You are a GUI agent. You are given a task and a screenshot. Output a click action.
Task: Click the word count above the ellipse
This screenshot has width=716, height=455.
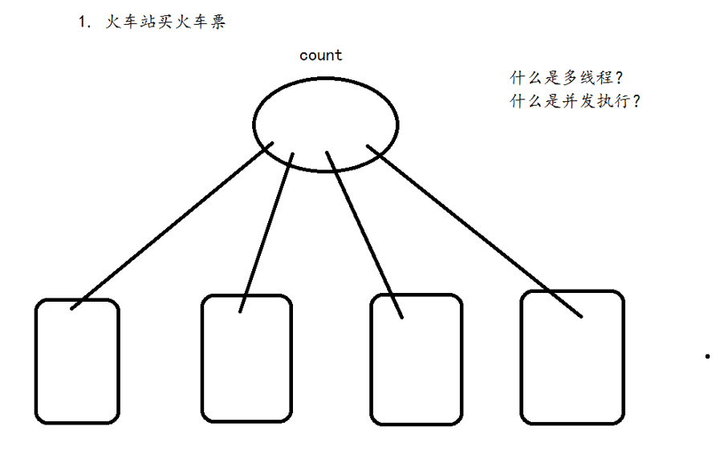click(320, 55)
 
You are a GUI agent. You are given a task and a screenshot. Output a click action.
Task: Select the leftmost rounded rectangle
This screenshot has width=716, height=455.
click(77, 361)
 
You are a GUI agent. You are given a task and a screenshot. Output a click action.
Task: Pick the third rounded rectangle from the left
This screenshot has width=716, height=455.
click(417, 360)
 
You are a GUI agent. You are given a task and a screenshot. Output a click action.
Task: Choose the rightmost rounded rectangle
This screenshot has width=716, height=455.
click(572, 357)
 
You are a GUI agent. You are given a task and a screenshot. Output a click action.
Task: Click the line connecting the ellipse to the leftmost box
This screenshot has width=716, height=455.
click(173, 226)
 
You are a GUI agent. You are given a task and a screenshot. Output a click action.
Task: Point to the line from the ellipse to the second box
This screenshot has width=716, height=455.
click(267, 231)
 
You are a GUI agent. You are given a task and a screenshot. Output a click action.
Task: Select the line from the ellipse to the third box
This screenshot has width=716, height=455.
click(364, 234)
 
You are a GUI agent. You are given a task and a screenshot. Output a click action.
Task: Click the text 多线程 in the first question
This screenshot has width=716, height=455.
click(588, 79)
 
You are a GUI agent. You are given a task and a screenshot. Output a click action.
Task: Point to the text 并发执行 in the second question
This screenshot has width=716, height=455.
click(597, 102)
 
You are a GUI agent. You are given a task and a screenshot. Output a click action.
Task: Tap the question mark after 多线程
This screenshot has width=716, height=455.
click(620, 79)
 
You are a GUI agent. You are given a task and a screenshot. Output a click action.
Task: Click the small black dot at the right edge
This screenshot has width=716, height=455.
click(707, 355)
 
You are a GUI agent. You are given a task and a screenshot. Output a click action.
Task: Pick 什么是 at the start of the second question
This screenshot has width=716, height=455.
click(536, 102)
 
